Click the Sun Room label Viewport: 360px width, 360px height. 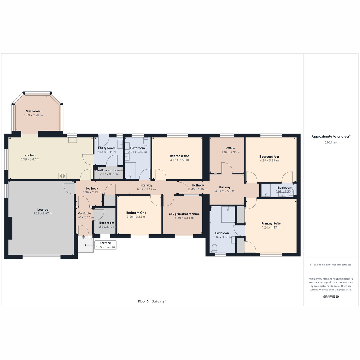click(x=33, y=111)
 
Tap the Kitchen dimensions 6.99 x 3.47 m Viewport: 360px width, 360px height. click(x=30, y=159)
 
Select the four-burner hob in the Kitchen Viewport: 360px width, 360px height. click(x=62, y=175)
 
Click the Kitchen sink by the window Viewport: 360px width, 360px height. click(x=73, y=140)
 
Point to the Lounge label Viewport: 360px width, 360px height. click(x=43, y=210)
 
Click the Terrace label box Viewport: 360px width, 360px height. click(x=105, y=245)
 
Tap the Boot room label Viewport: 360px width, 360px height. click(x=106, y=223)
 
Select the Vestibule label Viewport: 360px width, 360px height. click(x=84, y=214)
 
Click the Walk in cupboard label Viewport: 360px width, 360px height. click(x=109, y=170)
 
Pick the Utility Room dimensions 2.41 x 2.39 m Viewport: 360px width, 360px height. click(x=107, y=152)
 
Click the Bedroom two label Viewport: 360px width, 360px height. click(x=179, y=156)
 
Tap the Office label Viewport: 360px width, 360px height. click(x=231, y=148)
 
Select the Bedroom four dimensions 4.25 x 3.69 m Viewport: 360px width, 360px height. click(x=269, y=160)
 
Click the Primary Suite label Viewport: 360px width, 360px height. click(x=271, y=223)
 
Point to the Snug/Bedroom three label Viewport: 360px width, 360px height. click(x=184, y=214)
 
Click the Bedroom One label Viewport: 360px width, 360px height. click(x=136, y=213)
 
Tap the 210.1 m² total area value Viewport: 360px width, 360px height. click(x=331, y=142)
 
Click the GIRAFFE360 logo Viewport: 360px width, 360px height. click(x=331, y=296)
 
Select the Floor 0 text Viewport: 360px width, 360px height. click(x=143, y=301)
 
